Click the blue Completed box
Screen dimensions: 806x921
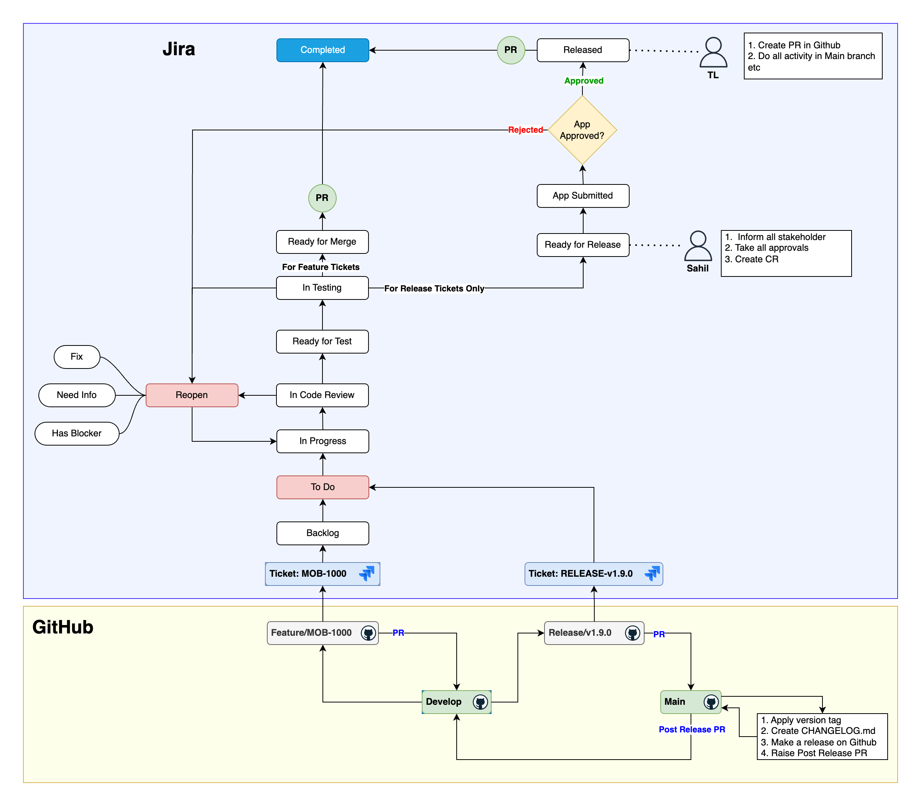pyautogui.click(x=322, y=50)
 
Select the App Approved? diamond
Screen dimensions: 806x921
pyautogui.click(x=582, y=130)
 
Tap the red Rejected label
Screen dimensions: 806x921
pyautogui.click(x=525, y=130)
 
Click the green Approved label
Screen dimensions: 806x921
pyautogui.click(x=584, y=81)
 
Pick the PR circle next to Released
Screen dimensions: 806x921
pyautogui.click(x=510, y=50)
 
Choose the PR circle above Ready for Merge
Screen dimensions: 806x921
pyautogui.click(x=322, y=198)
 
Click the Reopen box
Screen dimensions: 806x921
pyautogui.click(x=192, y=395)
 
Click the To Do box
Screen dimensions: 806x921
pyautogui.click(x=322, y=487)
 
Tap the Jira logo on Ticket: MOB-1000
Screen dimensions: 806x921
pyautogui.click(x=367, y=574)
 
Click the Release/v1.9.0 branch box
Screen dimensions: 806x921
pyautogui.click(x=594, y=633)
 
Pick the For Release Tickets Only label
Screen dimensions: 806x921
pyautogui.click(x=434, y=289)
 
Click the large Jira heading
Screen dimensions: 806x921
pyautogui.click(x=179, y=49)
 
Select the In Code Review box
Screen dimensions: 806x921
pyautogui.click(x=322, y=395)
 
